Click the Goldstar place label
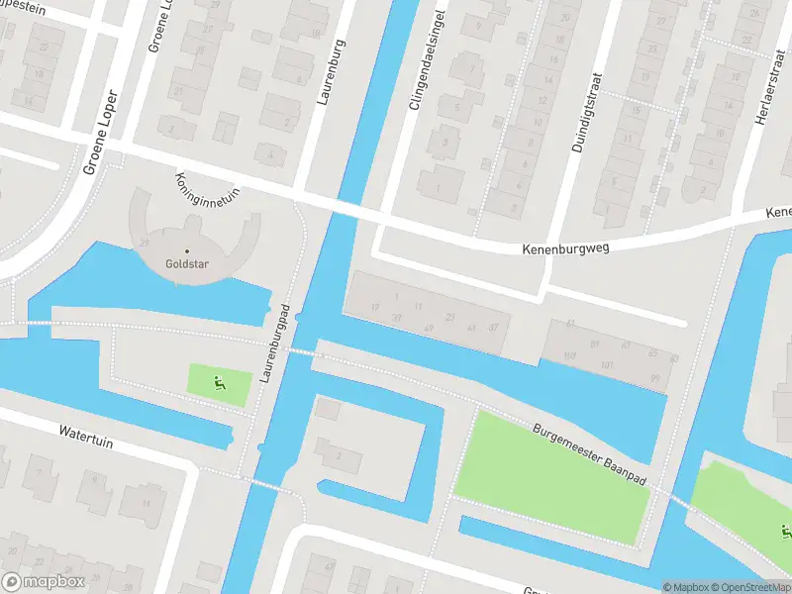click(x=186, y=265)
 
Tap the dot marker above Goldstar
click(x=186, y=250)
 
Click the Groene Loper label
click(x=100, y=133)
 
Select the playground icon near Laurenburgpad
click(x=218, y=382)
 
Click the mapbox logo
click(x=42, y=581)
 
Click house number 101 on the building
click(x=606, y=365)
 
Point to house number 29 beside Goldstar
click(x=146, y=243)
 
